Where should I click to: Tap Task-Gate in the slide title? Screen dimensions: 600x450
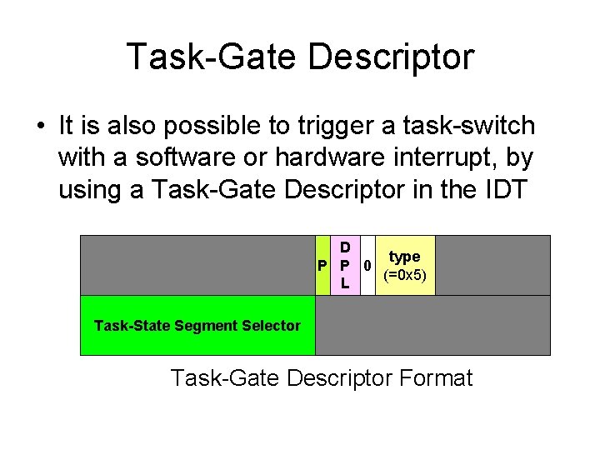[x=210, y=57]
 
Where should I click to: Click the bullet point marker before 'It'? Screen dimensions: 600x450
[x=39, y=127]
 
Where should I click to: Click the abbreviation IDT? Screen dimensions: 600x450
[x=502, y=190]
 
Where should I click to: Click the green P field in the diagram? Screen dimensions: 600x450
[x=322, y=266]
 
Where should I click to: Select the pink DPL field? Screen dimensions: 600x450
[x=343, y=266]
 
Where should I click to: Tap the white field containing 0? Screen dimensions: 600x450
[x=367, y=266]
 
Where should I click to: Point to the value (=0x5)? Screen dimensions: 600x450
[x=405, y=275]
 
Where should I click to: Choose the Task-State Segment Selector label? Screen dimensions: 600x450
[x=197, y=326]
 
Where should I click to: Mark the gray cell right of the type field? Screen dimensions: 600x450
[x=492, y=266]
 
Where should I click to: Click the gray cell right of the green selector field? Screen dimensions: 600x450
[x=432, y=326]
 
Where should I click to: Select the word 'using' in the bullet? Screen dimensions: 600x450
[x=92, y=190]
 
